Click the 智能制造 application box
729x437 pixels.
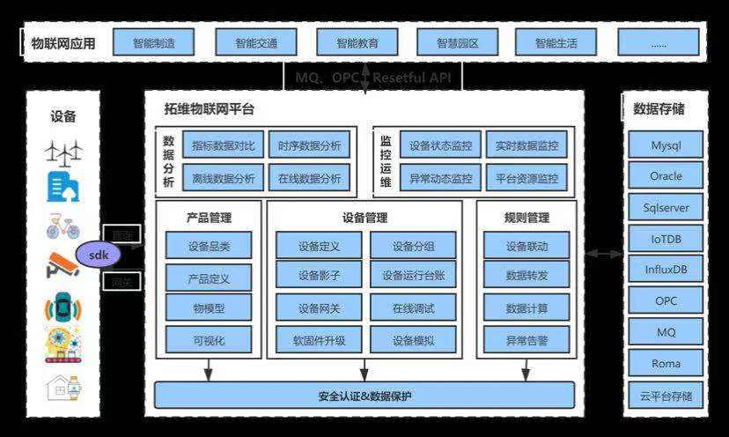click(x=154, y=42)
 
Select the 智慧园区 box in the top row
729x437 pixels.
click(x=458, y=42)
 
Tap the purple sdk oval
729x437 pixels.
click(x=99, y=255)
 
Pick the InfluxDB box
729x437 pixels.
click(x=666, y=270)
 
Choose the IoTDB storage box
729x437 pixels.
click(x=666, y=239)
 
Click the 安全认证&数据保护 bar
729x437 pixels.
click(x=364, y=395)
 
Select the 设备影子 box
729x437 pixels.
click(x=319, y=276)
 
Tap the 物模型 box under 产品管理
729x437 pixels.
click(x=209, y=308)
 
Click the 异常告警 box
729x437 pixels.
click(x=526, y=338)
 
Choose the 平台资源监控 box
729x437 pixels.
click(x=526, y=178)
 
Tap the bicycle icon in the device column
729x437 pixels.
click(x=63, y=227)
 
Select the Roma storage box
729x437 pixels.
click(x=666, y=362)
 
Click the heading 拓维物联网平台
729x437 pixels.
click(x=210, y=109)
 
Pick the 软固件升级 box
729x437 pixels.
click(x=319, y=339)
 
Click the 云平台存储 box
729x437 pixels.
click(x=666, y=395)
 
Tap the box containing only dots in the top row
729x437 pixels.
click(x=659, y=42)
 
